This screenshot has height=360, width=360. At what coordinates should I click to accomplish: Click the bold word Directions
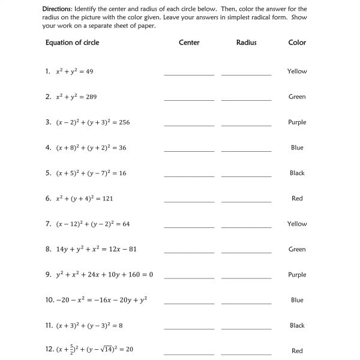[x=59, y=9]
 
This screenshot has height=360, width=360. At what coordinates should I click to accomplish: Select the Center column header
[x=189, y=43]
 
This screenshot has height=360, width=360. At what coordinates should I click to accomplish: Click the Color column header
[x=297, y=43]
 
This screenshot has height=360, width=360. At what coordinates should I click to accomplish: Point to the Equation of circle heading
[x=72, y=43]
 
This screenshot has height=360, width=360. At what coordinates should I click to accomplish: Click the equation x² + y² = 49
[x=74, y=71]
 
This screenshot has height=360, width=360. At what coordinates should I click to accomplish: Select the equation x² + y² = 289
[x=76, y=97]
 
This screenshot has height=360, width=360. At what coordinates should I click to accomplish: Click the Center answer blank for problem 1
[x=189, y=74]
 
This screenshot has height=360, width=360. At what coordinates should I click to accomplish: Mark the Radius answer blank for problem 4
[x=246, y=150]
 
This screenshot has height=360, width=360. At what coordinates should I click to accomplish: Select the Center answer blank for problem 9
[x=189, y=277]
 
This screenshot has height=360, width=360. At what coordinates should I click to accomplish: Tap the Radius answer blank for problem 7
[x=246, y=226]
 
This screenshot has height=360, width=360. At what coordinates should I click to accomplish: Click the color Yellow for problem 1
[x=297, y=71]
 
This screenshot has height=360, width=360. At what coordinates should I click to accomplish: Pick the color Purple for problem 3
[x=297, y=122]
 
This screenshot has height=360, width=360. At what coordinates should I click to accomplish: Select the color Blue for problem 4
[x=297, y=148]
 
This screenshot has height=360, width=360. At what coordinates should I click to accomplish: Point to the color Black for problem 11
[x=297, y=326]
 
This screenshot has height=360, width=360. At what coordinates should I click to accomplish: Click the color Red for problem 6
[x=297, y=199]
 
